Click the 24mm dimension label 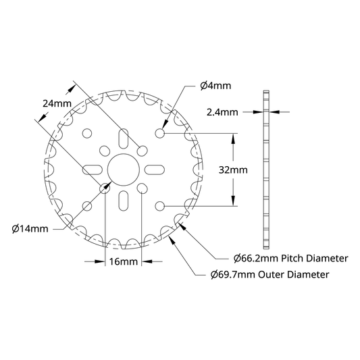57,103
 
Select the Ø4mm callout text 215,86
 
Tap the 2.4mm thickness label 222,112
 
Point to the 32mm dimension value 233,170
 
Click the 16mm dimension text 124,261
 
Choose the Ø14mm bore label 30,229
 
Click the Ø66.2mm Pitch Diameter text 290,258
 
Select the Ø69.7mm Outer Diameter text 269,274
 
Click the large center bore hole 124,170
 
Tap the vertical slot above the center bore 124,138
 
